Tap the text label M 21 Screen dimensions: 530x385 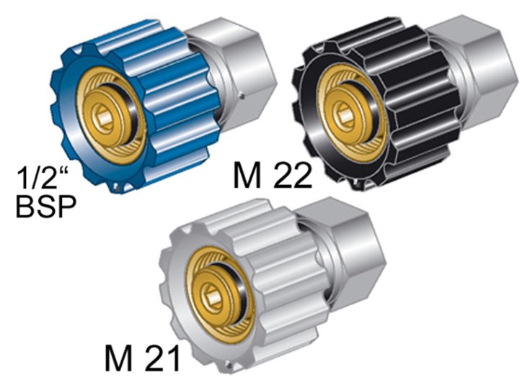tap(142, 358)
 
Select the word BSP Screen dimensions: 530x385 tap(46, 207)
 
